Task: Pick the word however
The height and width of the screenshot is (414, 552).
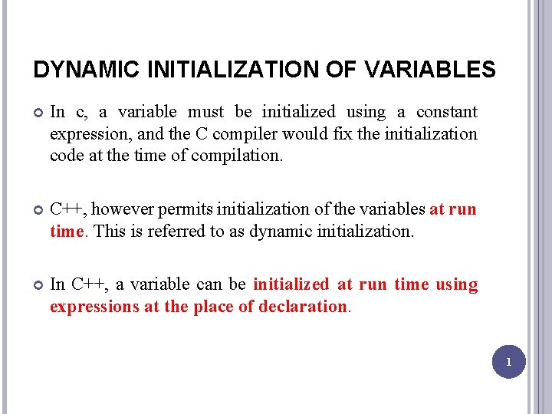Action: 122,209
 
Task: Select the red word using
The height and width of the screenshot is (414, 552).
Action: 456,284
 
